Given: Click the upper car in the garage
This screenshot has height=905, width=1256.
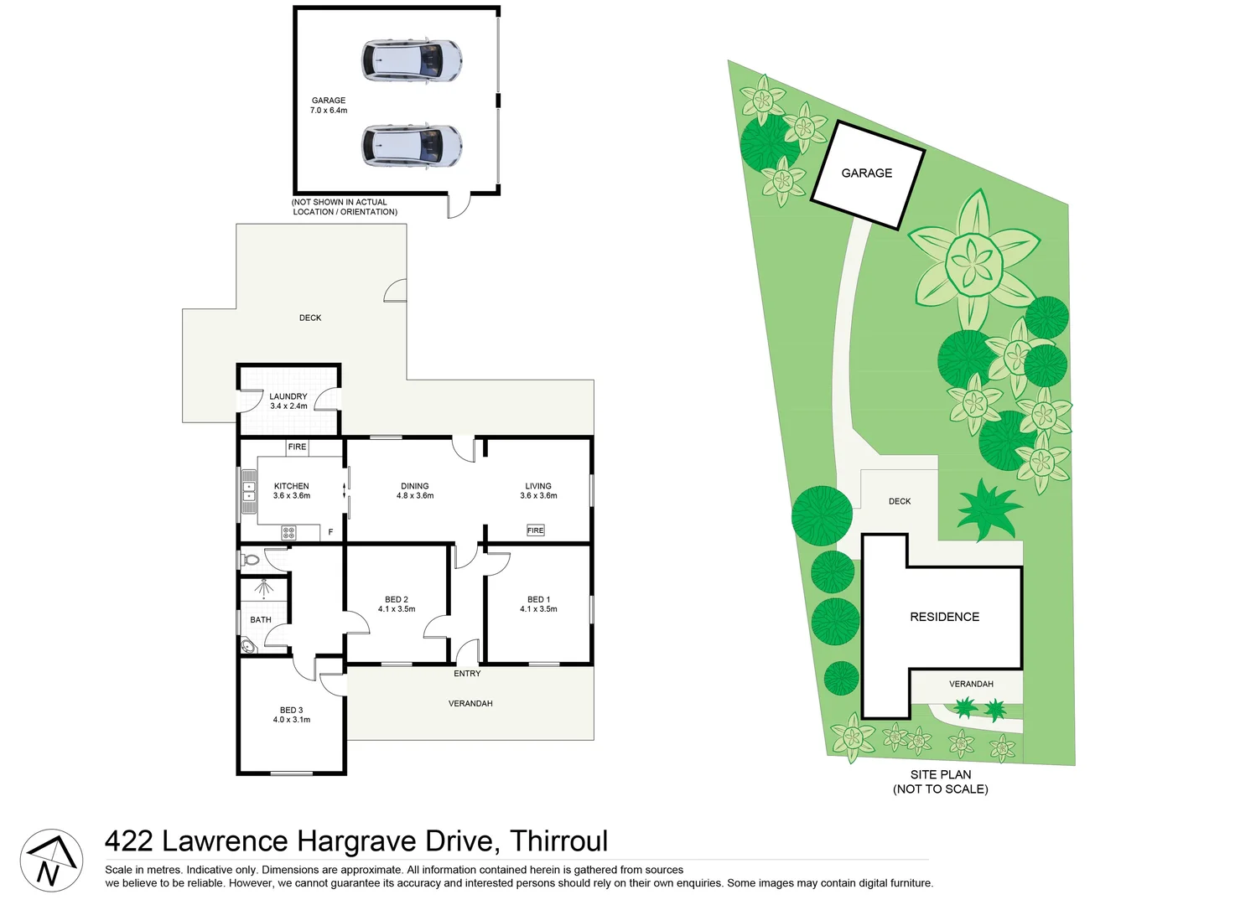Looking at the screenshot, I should pyautogui.click(x=412, y=61).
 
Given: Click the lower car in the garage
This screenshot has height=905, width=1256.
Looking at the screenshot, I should pyautogui.click(x=412, y=146).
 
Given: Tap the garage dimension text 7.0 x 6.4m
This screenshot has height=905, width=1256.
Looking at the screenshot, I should pyautogui.click(x=329, y=111).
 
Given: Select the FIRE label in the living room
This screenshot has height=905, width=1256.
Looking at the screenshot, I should pyautogui.click(x=536, y=530).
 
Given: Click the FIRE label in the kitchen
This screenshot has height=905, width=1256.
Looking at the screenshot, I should pyautogui.click(x=297, y=447).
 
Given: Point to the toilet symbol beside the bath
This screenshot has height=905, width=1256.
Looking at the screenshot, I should pyautogui.click(x=250, y=558).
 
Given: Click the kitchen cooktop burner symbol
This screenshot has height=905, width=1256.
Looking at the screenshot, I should pyautogui.click(x=288, y=532).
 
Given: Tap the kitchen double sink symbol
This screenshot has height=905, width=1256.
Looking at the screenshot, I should pyautogui.click(x=249, y=491).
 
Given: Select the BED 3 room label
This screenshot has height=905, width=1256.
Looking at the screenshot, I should pyautogui.click(x=292, y=710).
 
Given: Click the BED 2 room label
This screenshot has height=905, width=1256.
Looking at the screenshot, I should pyautogui.click(x=397, y=599).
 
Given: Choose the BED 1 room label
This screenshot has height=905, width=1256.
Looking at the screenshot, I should pyautogui.click(x=538, y=599).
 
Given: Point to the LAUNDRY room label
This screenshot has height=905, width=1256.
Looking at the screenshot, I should pyautogui.click(x=288, y=396).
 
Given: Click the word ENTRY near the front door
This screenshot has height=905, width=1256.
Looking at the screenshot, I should pyautogui.click(x=467, y=674).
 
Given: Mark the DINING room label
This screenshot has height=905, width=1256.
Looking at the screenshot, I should pyautogui.click(x=415, y=486).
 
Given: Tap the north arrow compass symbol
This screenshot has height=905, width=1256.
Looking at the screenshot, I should pyautogui.click(x=51, y=861).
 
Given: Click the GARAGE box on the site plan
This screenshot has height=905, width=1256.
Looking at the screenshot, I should pyautogui.click(x=867, y=173).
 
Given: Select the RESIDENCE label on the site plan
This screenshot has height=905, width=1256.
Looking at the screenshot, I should pyautogui.click(x=944, y=617).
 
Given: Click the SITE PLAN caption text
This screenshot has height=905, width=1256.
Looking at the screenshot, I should pyautogui.click(x=941, y=775).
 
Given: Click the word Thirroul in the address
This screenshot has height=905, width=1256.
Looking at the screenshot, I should pyautogui.click(x=559, y=841).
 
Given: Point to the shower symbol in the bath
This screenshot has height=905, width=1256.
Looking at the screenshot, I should pyautogui.click(x=264, y=588).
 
